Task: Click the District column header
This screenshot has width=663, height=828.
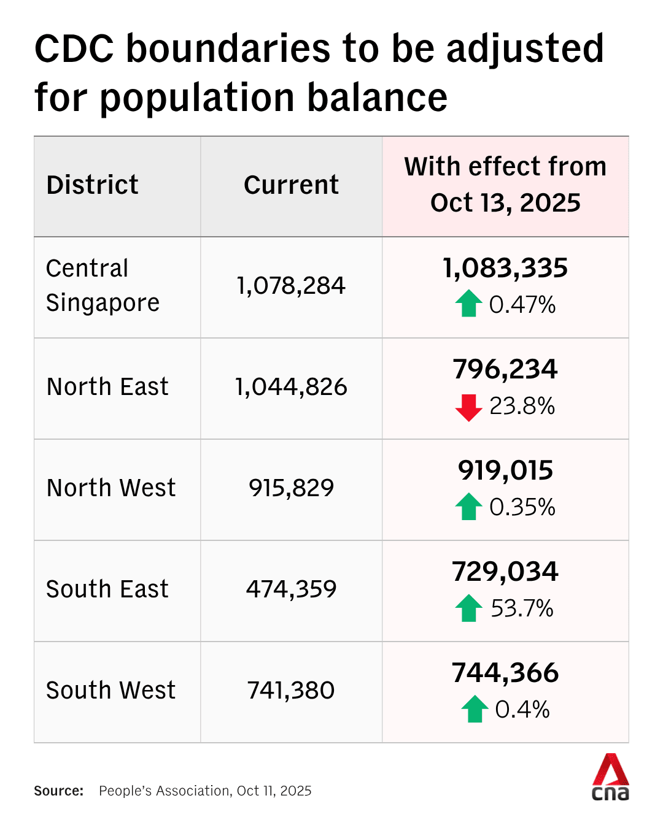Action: pos(93,185)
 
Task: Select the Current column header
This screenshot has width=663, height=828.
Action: pos(291,185)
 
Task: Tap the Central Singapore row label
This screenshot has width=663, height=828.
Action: pos(103,286)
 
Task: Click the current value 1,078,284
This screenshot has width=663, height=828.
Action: pos(291,286)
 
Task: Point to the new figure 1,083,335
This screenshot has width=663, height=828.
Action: pos(505,268)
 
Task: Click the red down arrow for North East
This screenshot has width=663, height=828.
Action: pos(468,407)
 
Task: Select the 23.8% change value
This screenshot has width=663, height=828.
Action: pos(522,406)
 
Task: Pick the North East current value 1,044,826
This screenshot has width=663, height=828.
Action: pos(291,387)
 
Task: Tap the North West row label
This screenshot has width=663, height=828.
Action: pos(111,488)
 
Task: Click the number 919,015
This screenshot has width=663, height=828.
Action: pos(505,470)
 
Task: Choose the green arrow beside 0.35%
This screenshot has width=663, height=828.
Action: pos(468,507)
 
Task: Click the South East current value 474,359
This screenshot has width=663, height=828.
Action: pos(291,589)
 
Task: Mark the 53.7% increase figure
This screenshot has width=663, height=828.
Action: pos(522,608)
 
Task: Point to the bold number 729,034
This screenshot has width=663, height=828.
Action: pos(505,572)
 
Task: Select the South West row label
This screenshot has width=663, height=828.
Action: pos(111,691)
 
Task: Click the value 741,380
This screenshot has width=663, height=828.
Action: pos(291,691)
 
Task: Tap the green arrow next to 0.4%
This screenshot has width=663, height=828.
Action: pos(475,709)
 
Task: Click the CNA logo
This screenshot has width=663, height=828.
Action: pos(610,778)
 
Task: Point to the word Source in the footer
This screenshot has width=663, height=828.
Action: pos(58,791)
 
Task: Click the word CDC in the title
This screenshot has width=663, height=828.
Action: pos(74,49)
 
